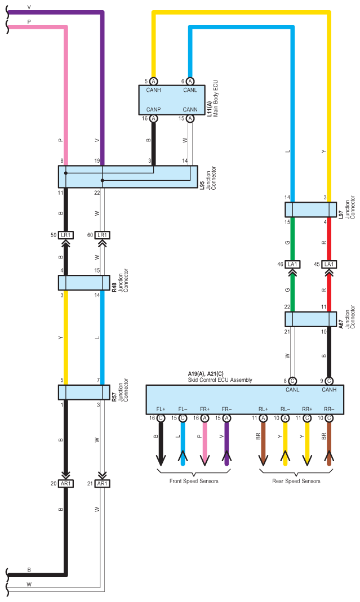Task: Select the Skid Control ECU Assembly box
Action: coord(245,400)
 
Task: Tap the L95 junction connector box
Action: coord(128,176)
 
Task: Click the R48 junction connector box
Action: coord(84,283)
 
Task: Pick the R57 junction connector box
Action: coord(84,392)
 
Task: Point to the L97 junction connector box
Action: coord(307,209)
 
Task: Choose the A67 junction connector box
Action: coord(307,319)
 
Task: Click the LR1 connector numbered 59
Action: coord(66,235)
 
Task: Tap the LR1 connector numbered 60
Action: coord(102,235)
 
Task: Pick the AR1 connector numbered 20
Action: coord(66,484)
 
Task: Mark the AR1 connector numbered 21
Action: coord(102,484)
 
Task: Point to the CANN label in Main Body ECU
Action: coord(190,109)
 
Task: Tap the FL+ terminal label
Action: coord(161,409)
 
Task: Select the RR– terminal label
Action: coord(328,409)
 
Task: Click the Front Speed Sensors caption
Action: coord(194,481)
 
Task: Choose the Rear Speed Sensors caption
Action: coord(296,481)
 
